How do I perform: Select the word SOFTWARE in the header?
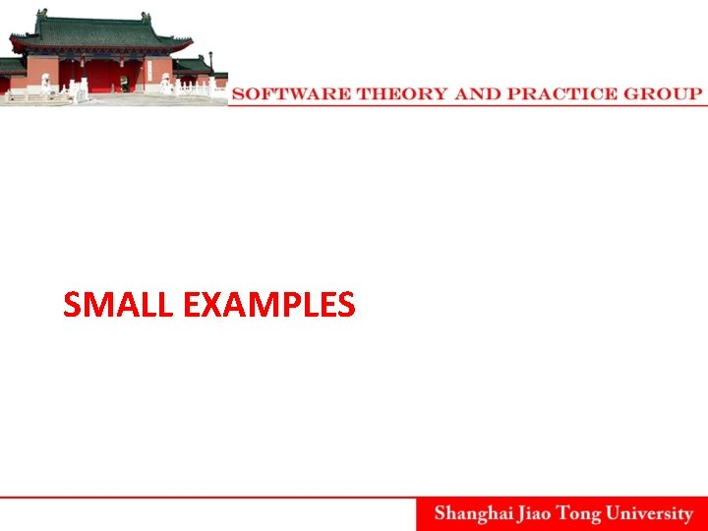coord(292,94)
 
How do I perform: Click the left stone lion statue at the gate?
coord(45,83)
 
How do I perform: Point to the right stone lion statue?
coord(165,83)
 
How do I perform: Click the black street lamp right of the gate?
coord(210,69)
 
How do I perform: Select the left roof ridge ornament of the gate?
coord(41,16)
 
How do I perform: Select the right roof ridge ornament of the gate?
coord(146,17)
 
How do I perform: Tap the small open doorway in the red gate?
coord(125,83)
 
